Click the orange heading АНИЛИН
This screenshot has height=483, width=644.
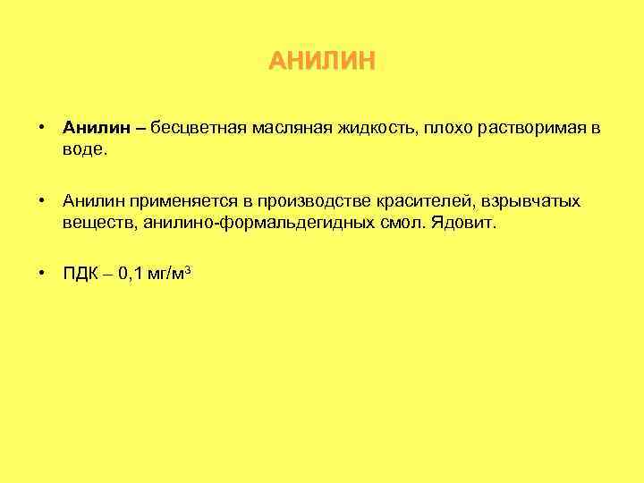coord(322,62)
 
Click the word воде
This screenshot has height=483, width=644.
coord(84,150)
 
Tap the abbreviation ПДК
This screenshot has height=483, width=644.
coord(80,275)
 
